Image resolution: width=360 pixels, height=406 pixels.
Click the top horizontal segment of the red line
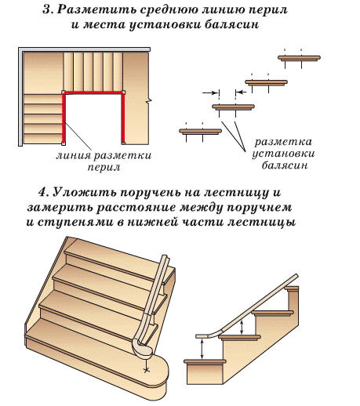(93, 92)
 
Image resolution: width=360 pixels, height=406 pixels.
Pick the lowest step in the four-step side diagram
(202, 132)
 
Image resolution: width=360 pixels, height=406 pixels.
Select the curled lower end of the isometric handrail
(142, 345)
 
